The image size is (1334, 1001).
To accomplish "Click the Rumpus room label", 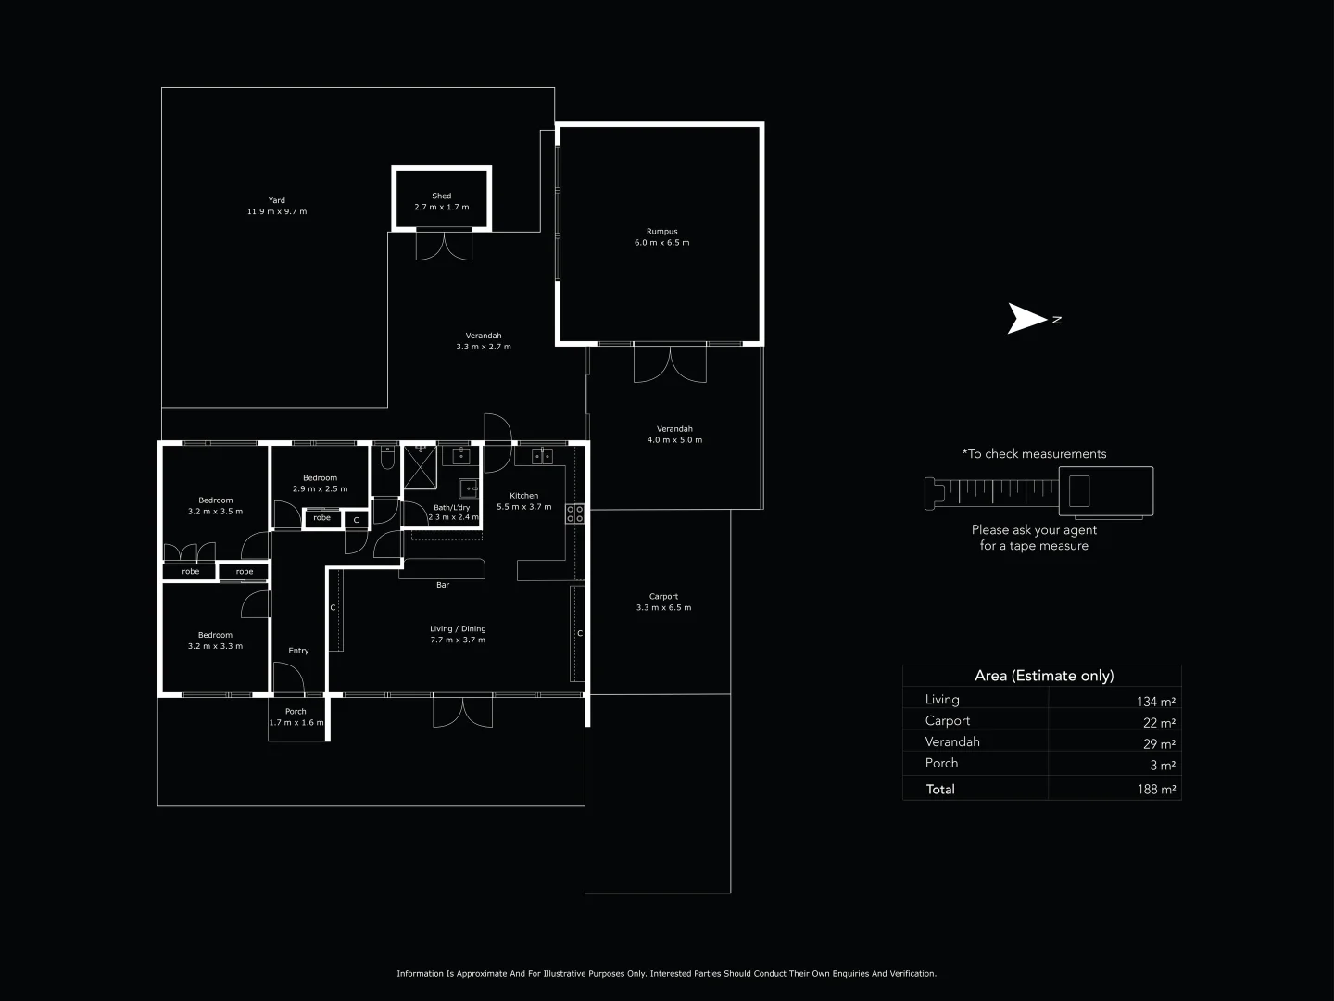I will [x=661, y=237].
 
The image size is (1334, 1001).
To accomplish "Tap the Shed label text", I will [x=442, y=196].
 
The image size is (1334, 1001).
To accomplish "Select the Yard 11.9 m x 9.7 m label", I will [x=277, y=206].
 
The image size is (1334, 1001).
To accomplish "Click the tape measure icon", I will [x=1038, y=490].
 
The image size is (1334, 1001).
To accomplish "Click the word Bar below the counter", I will [x=443, y=585].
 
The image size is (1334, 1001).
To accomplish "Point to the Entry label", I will [x=298, y=651].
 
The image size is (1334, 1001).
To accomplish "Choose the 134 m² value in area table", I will [x=1155, y=702].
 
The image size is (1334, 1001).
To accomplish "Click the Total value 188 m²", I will [x=1156, y=790].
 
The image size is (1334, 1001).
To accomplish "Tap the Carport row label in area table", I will [x=948, y=721].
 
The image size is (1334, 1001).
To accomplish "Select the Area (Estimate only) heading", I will [x=1044, y=676].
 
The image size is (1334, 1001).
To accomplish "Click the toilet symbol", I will [x=386, y=459].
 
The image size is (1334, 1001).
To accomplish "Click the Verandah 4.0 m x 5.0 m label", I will [x=674, y=435].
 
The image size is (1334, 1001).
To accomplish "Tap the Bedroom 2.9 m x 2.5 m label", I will [x=320, y=484].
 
